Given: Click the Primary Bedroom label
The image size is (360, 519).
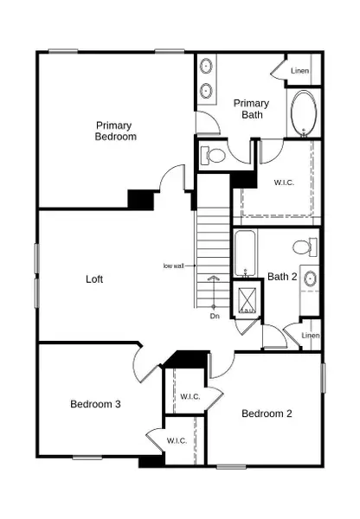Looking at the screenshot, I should tap(115, 131).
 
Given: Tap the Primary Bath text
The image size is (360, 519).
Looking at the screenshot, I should tap(252, 109).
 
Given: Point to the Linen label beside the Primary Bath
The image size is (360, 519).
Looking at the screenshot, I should tap(300, 70).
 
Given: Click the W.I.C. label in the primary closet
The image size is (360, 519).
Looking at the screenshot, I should tap(286, 183).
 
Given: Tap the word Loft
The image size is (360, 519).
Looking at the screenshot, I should tap(94, 279).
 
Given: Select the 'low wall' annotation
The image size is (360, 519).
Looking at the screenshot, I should tap(175, 266).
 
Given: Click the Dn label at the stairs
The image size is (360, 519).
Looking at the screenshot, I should tap(215, 316).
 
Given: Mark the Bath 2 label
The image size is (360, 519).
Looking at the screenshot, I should tap(282, 277).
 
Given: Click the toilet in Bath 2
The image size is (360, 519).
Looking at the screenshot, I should tap(302, 247).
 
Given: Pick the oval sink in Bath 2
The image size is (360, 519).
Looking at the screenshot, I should tap(311, 279).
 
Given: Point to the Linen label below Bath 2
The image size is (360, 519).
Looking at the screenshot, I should tap(311, 336).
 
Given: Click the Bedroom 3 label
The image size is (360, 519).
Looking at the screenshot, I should tap(95, 404).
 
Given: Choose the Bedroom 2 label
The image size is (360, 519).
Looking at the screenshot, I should tap(267, 413).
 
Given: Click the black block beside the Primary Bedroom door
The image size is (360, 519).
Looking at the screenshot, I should tap(140, 199).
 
